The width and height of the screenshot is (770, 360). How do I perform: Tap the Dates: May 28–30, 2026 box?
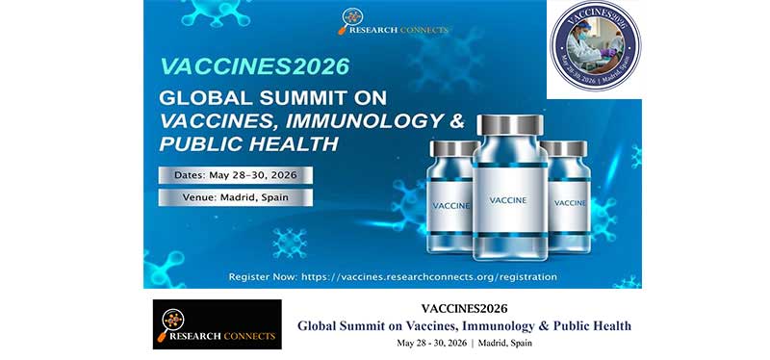pos(236,174)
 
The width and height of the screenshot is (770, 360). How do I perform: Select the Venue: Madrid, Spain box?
pos(236,197)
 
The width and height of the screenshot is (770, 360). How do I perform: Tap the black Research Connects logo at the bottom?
pos(217,324)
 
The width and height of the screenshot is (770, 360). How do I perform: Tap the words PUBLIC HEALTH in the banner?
pos(249,143)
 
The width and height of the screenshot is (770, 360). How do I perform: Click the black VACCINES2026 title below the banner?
pos(464,308)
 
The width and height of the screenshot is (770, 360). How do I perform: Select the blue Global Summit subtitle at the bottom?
pos(464,325)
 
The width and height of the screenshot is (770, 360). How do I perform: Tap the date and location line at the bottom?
pos(464,343)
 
